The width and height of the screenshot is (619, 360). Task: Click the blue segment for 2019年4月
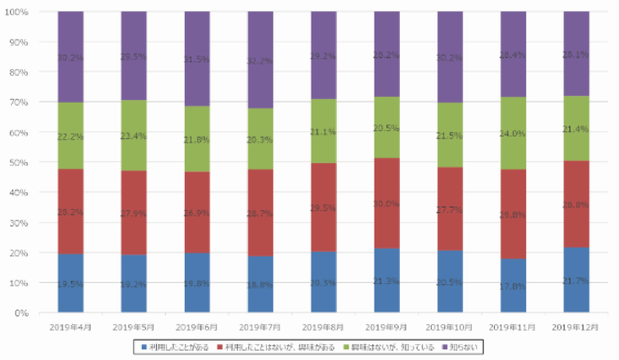coord(71,283)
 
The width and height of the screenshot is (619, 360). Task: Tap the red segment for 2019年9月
coord(387,203)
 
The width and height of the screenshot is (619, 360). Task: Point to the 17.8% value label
coord(513,286)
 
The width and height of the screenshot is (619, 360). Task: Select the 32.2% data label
coord(260,61)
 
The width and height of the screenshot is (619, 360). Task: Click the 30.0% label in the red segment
coord(387,204)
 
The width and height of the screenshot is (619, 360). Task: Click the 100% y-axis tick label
coord(17,12)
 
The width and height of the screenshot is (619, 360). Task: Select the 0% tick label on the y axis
coord(21,313)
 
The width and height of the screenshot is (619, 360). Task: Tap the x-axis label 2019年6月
coord(197,327)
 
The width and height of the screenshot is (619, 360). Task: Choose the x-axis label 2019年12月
coord(576,327)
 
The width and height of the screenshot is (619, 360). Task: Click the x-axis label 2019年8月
coord(324,327)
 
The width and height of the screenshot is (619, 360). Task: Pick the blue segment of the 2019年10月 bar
coord(450,282)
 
